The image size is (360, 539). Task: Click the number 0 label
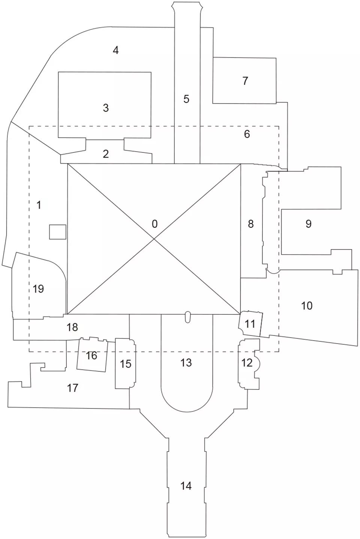154,224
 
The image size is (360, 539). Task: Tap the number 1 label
39,205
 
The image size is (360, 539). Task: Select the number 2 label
106,154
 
